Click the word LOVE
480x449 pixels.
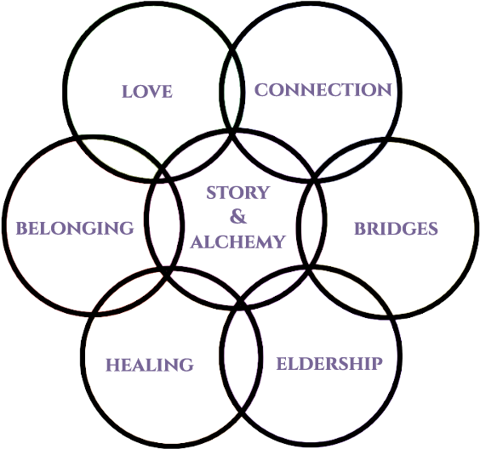click(x=147, y=91)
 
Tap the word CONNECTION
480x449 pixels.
click(x=323, y=89)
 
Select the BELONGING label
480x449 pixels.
click(x=75, y=228)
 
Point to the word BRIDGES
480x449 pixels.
click(x=396, y=229)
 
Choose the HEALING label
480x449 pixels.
click(x=150, y=365)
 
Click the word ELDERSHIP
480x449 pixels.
click(x=329, y=363)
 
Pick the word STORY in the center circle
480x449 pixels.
click(x=237, y=192)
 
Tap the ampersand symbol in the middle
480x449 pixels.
click(x=238, y=216)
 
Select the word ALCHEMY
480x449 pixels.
click(x=237, y=242)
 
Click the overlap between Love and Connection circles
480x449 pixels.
click(x=232, y=88)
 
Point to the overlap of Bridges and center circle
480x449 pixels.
click(x=311, y=224)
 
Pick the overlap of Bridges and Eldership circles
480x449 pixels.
click(x=352, y=292)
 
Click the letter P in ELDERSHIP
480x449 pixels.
click(x=377, y=363)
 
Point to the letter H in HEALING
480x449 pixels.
click(x=112, y=365)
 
